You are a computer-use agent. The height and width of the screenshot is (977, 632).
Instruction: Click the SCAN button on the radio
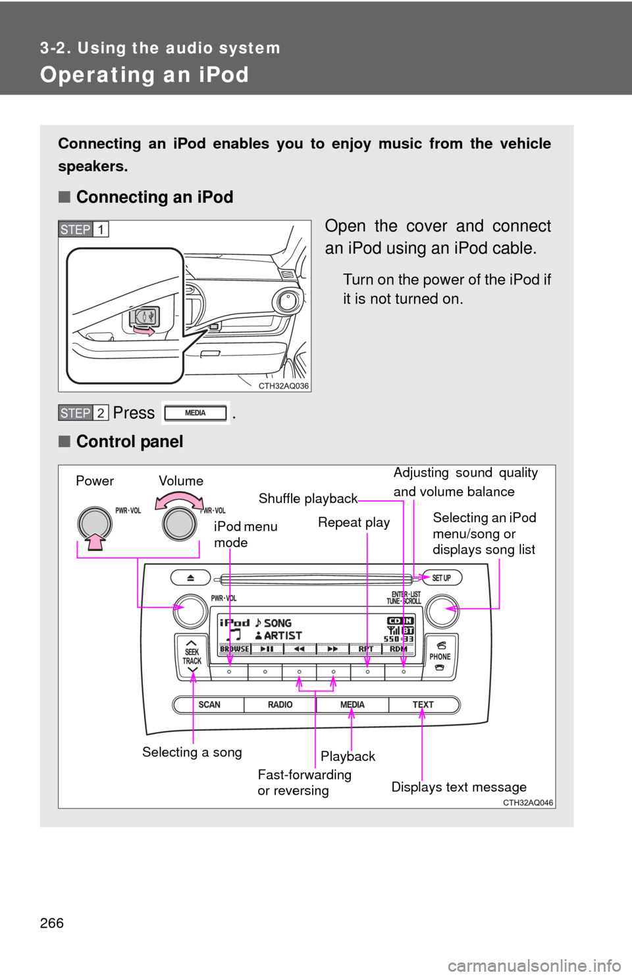209,704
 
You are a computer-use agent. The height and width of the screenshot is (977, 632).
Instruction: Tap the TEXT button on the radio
423,704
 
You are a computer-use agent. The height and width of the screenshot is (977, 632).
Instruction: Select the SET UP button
441,578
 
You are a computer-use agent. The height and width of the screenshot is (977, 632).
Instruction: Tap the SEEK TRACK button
192,656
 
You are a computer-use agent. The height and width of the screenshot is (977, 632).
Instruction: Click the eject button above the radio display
190,577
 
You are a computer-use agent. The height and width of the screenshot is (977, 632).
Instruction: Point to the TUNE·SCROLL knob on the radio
441,610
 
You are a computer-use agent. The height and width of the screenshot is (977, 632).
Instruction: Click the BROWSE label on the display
234,648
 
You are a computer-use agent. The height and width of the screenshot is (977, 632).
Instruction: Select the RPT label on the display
366,648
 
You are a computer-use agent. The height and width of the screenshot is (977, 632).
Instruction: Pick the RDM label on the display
398,648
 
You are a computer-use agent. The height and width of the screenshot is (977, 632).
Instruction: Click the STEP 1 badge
84,229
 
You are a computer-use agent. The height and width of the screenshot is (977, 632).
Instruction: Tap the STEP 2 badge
84,413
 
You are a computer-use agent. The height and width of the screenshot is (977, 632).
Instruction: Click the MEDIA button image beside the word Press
196,413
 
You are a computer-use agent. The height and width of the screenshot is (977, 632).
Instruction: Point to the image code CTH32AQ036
283,386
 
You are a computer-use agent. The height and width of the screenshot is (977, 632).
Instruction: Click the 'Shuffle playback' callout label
307,498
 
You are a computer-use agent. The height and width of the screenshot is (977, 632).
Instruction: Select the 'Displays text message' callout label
459,787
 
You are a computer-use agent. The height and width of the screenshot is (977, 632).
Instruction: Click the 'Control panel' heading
130,441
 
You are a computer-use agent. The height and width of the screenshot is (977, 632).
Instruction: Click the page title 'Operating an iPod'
144,74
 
